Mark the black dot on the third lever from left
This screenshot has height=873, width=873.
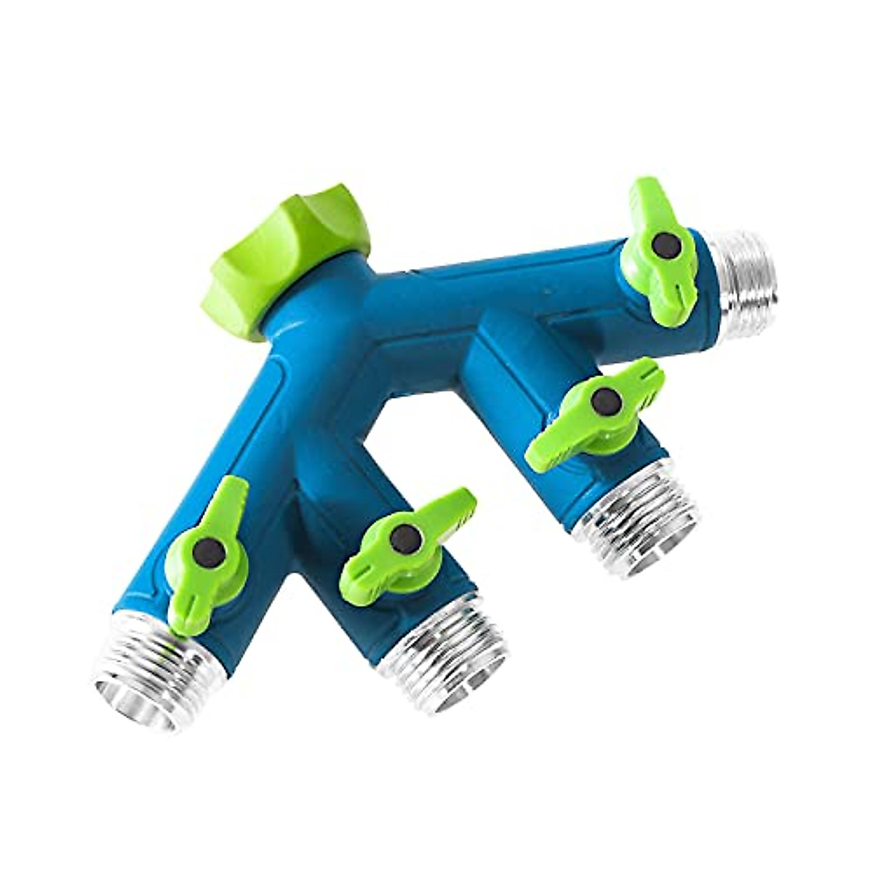pos(605,399)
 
